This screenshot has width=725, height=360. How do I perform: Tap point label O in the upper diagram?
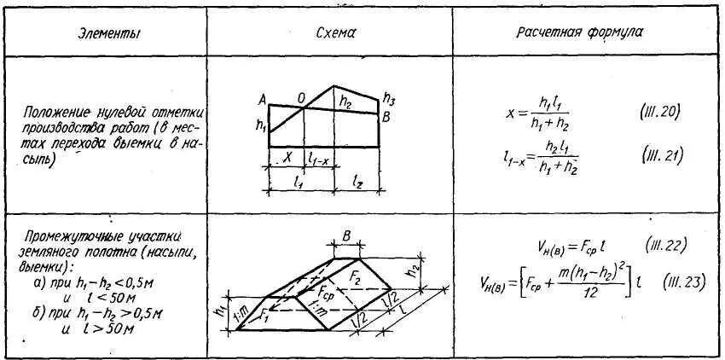[301, 98]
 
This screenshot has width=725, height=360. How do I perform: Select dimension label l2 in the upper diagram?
[358, 182]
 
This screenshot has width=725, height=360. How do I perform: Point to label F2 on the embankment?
[359, 278]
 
